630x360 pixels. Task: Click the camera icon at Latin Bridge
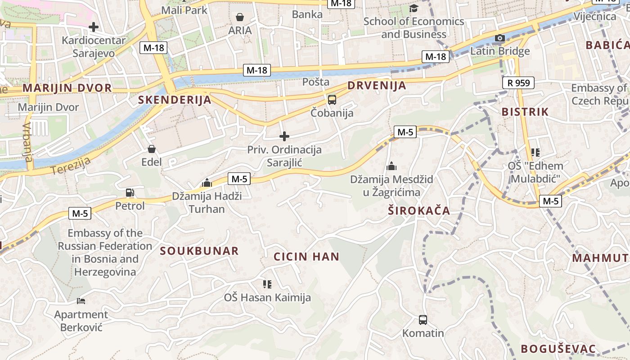click(500, 38)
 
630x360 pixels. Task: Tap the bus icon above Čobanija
click(332, 100)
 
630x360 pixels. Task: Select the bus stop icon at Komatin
click(423, 320)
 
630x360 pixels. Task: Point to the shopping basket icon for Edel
click(152, 149)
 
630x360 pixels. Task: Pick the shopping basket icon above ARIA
click(240, 18)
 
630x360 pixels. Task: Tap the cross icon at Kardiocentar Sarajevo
click(94, 27)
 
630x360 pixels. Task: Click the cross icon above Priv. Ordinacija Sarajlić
click(284, 136)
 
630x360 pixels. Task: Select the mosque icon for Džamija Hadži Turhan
click(207, 183)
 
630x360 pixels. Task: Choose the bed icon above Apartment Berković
click(81, 301)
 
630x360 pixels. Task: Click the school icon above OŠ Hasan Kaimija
click(267, 284)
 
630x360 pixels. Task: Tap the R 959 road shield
click(518, 83)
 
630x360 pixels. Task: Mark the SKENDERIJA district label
click(175, 100)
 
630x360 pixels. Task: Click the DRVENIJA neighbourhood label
click(377, 85)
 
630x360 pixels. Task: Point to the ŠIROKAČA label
click(419, 211)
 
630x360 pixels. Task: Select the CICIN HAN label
click(306, 257)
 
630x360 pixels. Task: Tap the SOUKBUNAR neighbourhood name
click(199, 251)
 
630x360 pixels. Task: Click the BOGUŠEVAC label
click(558, 349)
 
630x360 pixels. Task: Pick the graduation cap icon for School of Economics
click(414, 9)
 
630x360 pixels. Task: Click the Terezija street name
click(71, 166)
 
